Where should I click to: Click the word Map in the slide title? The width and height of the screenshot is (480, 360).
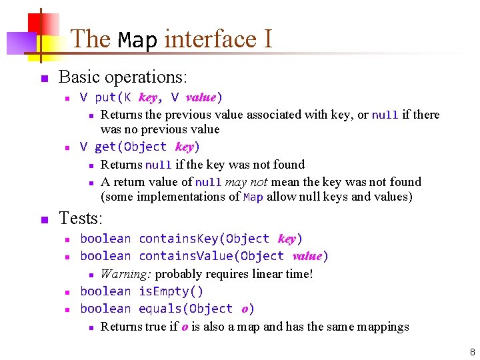tap(138, 39)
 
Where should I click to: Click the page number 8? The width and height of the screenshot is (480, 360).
tap(472, 351)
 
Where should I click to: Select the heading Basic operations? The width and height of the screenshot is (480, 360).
tap(123, 77)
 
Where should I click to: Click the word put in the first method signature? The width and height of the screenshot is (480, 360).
tap(105, 97)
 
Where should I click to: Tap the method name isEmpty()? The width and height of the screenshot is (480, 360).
tap(171, 291)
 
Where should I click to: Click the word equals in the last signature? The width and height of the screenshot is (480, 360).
tap(161, 309)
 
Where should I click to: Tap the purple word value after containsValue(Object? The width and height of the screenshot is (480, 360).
tap(307, 256)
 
